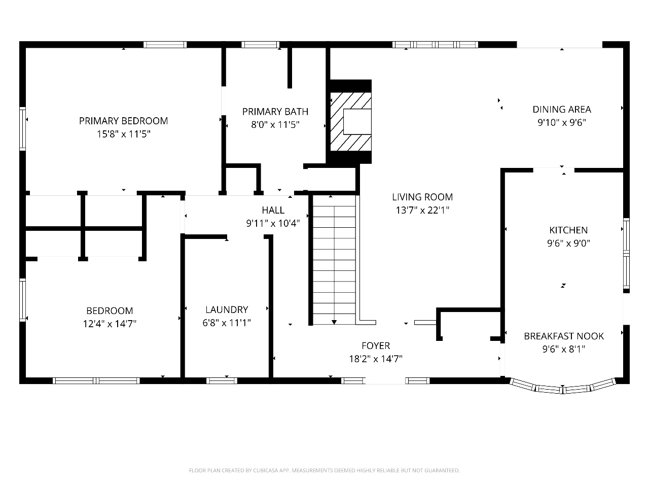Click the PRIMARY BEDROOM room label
[123, 121]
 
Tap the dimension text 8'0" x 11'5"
[275, 125]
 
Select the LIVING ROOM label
[422, 197]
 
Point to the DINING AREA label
[562, 110]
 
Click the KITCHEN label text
[568, 230]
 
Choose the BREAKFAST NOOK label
[564, 336]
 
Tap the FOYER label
[376, 345]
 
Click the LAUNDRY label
[227, 309]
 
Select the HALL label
[273, 210]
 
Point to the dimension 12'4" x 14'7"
[110, 324]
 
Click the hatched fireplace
[350, 122]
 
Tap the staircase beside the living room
[334, 260]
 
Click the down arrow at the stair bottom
[334, 322]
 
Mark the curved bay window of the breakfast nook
[563, 387]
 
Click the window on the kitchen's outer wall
[626, 254]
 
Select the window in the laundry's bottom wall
[222, 381]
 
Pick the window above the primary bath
[260, 45]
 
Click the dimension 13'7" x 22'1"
[422, 210]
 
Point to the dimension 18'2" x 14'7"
[376, 359]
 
